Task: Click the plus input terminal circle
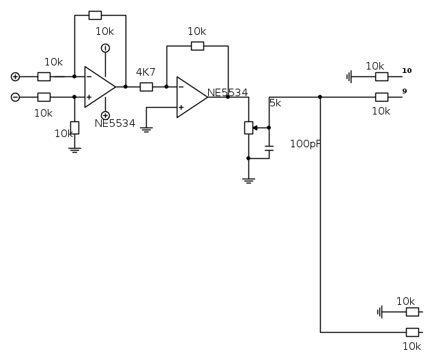15,76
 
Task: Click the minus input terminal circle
15,97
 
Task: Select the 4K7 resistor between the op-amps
146,87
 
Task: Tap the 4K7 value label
146,72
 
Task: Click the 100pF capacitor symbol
269,147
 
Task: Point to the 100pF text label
305,144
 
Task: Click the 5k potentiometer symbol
248,127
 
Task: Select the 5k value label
275,103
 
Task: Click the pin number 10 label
407,70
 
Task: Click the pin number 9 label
405,91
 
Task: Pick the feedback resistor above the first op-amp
95,15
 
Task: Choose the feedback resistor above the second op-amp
197,46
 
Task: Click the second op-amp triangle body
190,97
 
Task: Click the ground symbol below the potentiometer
248,180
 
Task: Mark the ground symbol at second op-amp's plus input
145,128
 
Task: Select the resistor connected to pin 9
382,97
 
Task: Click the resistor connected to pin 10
382,76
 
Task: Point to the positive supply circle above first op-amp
105,48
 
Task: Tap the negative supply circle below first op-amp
105,115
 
